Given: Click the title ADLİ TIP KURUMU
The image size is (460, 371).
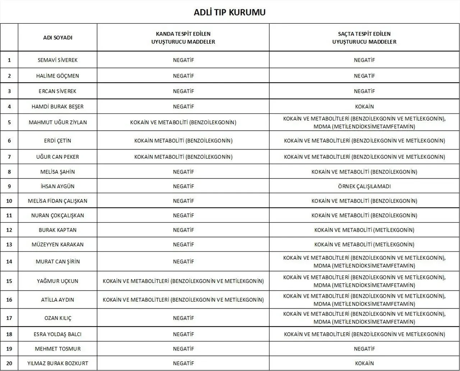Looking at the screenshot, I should coord(230,12).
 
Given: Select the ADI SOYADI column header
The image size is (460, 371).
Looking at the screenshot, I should coord(57,38).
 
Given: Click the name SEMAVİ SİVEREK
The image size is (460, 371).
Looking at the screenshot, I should coord(57,60).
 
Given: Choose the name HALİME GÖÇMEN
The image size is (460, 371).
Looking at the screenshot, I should coord(57,76).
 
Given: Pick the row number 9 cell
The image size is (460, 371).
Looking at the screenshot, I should coord(9,186).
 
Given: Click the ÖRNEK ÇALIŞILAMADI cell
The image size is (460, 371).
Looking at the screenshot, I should coord(364,186).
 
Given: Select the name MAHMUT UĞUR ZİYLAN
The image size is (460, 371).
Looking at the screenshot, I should coord(57,122).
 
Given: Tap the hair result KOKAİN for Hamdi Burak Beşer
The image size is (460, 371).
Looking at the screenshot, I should coord(364,107).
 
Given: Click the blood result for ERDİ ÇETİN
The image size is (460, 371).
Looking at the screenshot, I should coord(183,141).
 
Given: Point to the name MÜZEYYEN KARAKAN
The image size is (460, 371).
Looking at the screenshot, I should coord(57,245).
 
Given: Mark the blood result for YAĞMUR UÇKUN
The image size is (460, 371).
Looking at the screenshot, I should coord(183,281).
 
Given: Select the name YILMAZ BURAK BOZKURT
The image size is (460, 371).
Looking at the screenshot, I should coord(57,363).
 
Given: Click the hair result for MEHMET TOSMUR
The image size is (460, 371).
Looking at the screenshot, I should coord(364,349).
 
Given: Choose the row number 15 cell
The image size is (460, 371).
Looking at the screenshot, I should coord(9,281).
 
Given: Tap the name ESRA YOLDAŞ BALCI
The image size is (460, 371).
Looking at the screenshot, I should coord(57,334).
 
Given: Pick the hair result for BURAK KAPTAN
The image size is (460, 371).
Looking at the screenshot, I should coord(364,230).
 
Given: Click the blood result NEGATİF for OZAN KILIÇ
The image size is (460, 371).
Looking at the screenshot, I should coord(183,318).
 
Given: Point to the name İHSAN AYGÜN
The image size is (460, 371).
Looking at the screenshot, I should coord(57,186).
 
